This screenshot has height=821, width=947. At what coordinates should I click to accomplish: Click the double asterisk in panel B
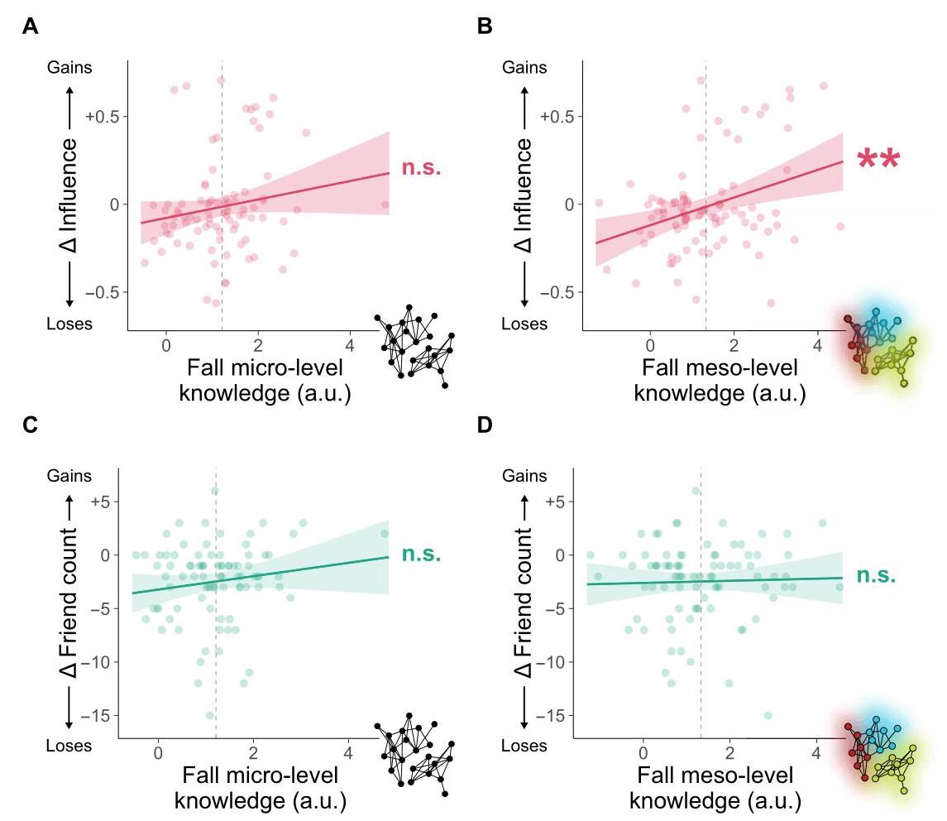coord(878,160)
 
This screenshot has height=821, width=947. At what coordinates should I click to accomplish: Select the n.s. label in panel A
coord(421,168)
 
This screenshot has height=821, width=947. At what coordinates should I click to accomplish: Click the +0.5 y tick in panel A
coord(102,116)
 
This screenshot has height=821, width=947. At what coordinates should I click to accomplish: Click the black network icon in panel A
coord(414,348)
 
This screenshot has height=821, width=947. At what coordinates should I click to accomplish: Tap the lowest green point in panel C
coord(210,715)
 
